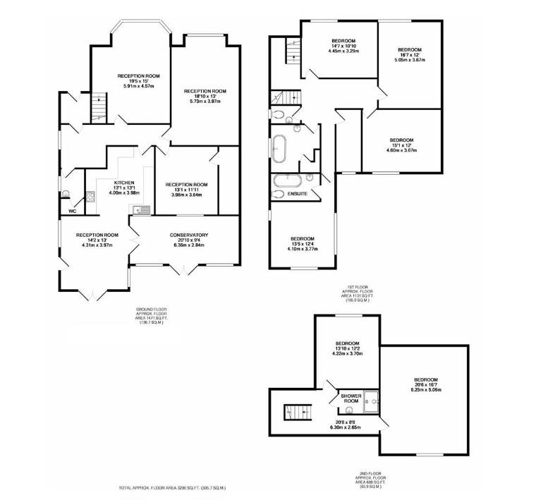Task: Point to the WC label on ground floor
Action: click(x=72, y=211)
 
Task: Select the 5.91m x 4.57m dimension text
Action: click(x=138, y=86)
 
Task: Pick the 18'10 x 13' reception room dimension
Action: click(x=205, y=96)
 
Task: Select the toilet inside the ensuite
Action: click(x=279, y=194)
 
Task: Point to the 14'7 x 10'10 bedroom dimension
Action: click(x=343, y=46)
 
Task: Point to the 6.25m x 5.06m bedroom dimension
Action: click(x=425, y=389)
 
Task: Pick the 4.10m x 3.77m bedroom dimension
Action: click(x=302, y=249)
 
